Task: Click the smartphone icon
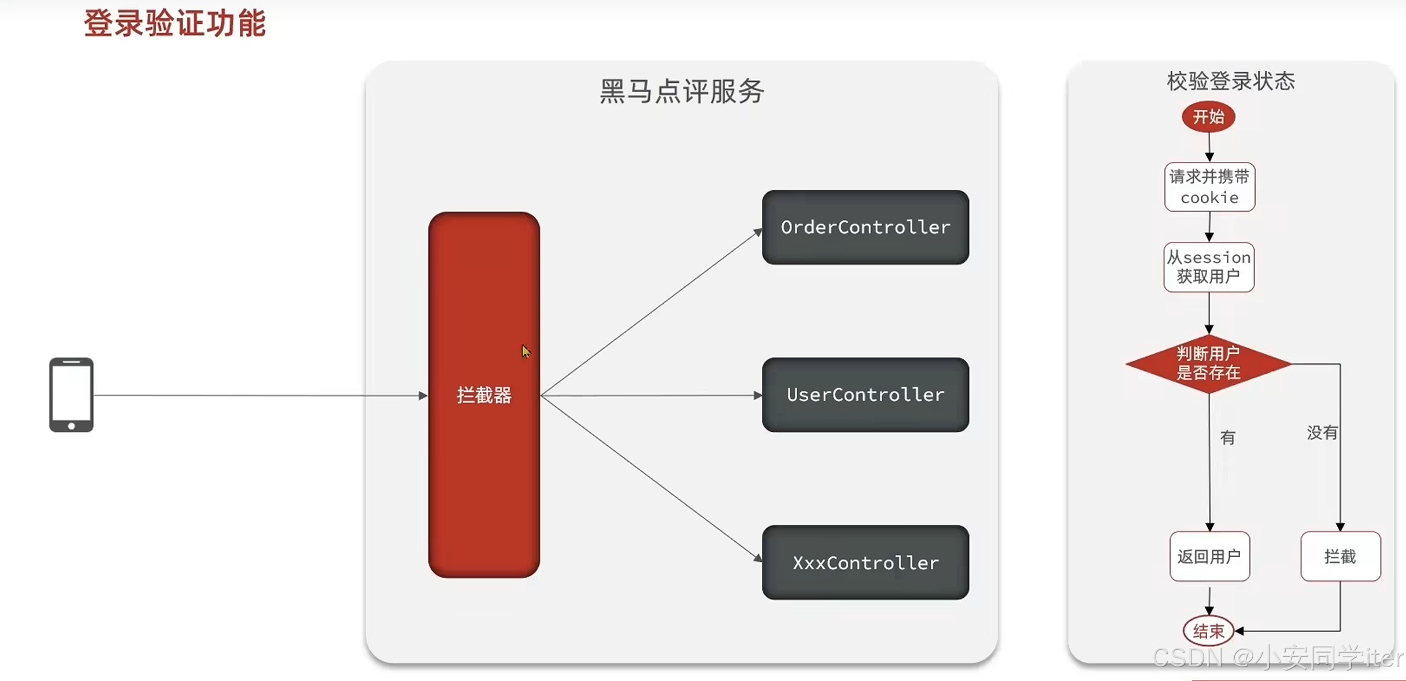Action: tap(71, 395)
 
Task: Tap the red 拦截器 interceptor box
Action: tap(484, 395)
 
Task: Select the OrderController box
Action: tap(865, 227)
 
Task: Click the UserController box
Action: tap(865, 395)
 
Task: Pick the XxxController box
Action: tap(865, 562)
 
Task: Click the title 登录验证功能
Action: tap(175, 24)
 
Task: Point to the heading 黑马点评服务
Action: tap(682, 91)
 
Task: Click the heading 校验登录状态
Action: tap(1230, 82)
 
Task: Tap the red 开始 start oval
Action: tap(1208, 117)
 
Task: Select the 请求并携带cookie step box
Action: tap(1209, 187)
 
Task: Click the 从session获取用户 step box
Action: tap(1209, 267)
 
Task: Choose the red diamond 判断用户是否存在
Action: tap(1208, 363)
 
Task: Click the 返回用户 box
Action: tap(1209, 557)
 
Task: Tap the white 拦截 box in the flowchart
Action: tap(1340, 557)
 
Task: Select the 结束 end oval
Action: tap(1208, 631)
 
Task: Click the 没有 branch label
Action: tap(1322, 433)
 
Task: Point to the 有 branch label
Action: tap(1227, 437)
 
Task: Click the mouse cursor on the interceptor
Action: tap(526, 351)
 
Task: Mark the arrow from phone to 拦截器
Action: tap(260, 396)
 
